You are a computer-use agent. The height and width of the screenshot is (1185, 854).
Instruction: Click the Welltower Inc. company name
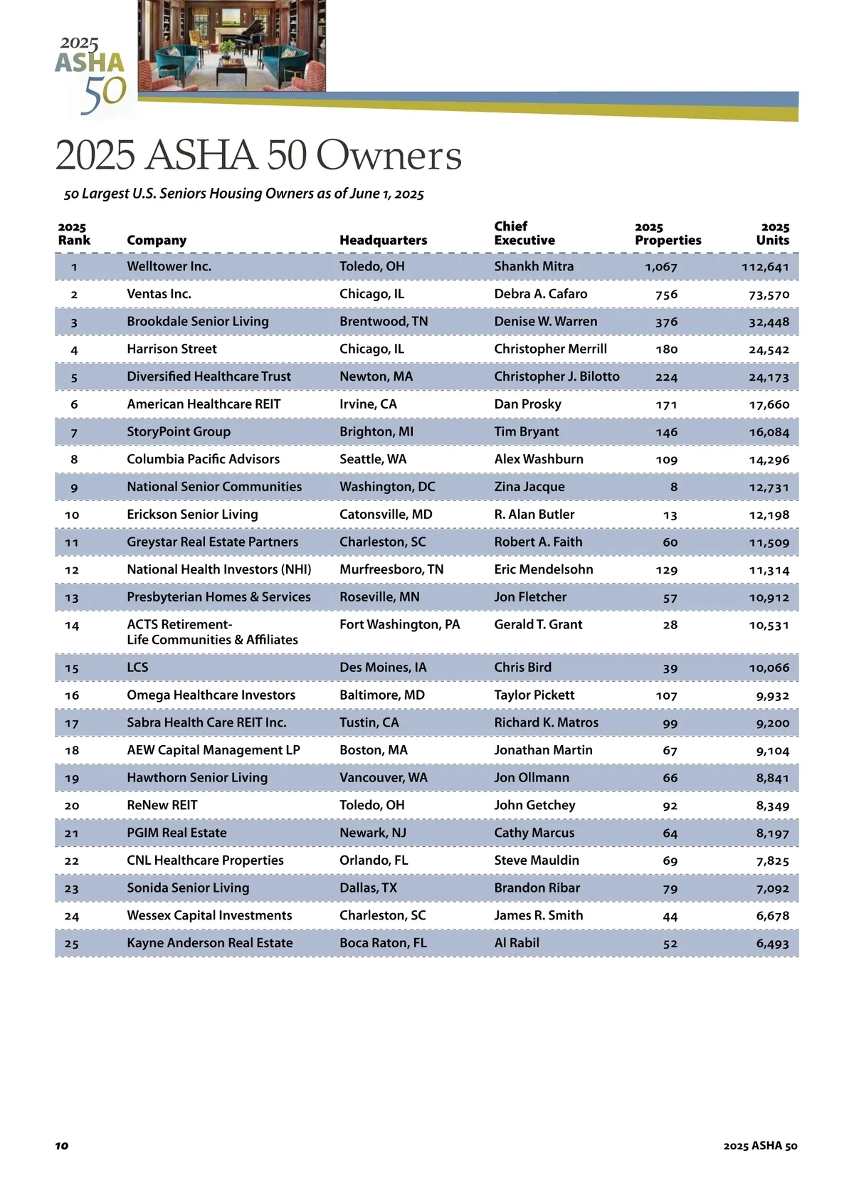169,266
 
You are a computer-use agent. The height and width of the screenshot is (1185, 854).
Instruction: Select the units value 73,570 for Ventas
769,295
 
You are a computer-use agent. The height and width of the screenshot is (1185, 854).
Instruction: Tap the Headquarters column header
383,241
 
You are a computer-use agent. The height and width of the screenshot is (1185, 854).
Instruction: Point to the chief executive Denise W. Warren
545,322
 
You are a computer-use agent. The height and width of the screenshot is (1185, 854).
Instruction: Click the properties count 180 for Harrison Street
666,349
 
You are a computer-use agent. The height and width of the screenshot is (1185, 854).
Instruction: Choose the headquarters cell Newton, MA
376,376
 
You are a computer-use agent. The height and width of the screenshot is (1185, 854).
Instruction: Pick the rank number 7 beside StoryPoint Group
74,433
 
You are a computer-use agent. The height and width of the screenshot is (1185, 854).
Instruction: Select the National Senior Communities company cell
214,487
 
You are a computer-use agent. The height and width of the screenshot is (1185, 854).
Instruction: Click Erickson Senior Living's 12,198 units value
769,515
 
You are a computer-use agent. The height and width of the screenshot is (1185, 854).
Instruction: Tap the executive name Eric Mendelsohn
543,569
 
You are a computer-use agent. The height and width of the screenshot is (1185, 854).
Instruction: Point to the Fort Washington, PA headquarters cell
399,625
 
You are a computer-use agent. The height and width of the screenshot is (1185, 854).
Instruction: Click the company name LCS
137,668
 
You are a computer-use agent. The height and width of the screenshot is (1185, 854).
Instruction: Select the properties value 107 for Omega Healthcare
666,696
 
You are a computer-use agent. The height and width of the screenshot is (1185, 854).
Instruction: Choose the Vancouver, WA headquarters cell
383,778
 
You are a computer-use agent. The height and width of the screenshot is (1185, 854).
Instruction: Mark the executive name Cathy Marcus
534,833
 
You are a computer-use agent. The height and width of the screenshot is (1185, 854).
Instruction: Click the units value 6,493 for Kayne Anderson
772,944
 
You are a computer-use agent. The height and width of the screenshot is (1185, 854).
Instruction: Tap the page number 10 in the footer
62,1145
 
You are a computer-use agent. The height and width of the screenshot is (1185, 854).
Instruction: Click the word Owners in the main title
389,155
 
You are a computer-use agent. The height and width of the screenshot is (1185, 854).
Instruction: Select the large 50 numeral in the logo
104,95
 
